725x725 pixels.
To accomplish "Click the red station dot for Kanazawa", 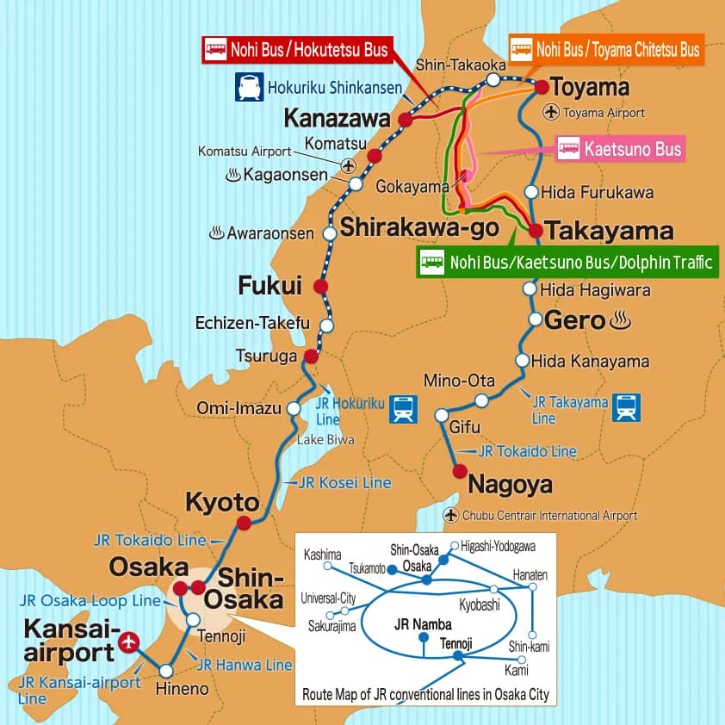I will (x=406, y=121).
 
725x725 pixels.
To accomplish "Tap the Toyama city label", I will (x=590, y=87).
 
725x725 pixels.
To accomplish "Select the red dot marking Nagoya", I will (x=460, y=471).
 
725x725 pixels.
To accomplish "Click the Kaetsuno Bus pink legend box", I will (x=620, y=150).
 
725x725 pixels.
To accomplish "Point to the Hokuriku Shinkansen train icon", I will (x=250, y=87).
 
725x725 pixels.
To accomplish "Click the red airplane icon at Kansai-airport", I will (x=130, y=641).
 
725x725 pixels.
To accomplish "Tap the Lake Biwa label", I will (x=325, y=440).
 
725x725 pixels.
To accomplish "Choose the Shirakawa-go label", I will (x=419, y=227).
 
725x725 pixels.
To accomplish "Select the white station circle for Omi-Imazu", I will (x=294, y=408).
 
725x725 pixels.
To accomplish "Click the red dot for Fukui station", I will (x=321, y=287).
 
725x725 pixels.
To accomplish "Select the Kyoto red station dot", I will (x=244, y=523).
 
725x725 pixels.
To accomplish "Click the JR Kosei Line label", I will (x=344, y=483).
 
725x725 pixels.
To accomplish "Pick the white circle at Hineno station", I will (x=166, y=671).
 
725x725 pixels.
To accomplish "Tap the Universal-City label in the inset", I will (x=328, y=598).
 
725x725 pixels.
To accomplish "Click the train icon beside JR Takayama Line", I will (x=626, y=407).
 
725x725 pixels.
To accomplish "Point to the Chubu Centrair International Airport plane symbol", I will (x=452, y=515).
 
